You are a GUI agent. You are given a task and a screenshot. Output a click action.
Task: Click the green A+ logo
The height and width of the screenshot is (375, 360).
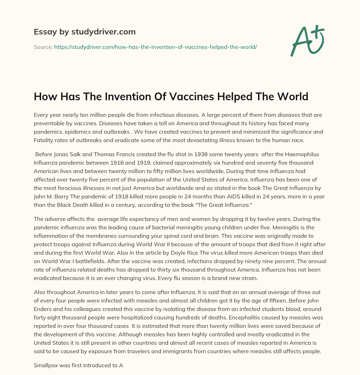click(307, 40)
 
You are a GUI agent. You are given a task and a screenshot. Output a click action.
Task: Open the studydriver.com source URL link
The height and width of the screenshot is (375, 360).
click(155, 47)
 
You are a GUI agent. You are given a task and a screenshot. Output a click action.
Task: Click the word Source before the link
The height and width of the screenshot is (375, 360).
click(43, 47)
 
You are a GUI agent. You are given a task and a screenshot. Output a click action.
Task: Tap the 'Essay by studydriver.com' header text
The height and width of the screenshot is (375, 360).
click(85, 32)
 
